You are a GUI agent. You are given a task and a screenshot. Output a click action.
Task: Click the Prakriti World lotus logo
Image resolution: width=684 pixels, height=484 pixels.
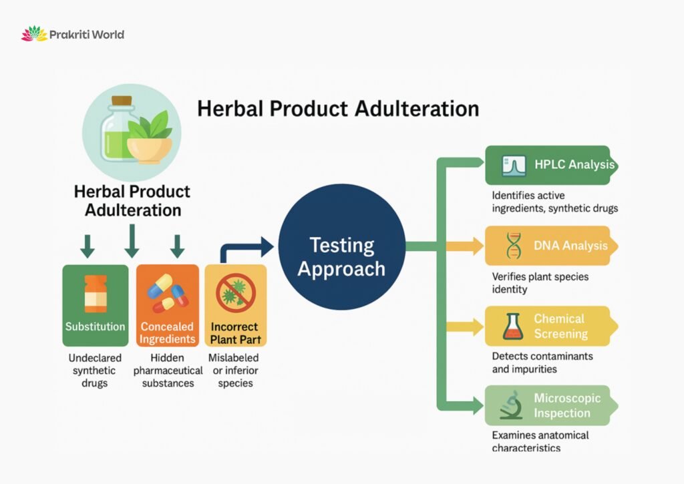pos(34,34)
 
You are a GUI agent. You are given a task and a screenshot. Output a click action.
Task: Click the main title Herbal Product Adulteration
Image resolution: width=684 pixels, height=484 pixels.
pos(338,109)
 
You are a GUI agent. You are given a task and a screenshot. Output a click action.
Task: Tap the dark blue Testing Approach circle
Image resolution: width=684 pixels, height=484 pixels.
pos(341,256)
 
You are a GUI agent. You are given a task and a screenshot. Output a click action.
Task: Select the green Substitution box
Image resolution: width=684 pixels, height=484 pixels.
pos(95,305)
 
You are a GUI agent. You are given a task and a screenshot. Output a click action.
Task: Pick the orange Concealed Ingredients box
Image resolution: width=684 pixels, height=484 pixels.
pos(167,305)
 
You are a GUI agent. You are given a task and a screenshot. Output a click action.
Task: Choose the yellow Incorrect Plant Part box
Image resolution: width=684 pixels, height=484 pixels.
pos(235,305)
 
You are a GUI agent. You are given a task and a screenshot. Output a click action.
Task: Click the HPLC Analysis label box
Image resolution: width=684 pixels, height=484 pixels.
pos(549,165)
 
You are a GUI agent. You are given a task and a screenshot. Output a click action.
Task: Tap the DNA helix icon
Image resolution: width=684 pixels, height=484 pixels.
pos(514,246)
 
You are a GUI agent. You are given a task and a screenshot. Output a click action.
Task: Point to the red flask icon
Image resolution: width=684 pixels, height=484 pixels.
pos(513,326)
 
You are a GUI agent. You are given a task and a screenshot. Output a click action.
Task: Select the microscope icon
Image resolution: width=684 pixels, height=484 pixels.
pos(511,405)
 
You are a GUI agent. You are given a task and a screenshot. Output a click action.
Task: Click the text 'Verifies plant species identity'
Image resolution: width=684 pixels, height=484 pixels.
pos(540,283)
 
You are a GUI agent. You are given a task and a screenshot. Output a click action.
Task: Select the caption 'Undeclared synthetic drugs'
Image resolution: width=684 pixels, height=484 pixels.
pos(94,371)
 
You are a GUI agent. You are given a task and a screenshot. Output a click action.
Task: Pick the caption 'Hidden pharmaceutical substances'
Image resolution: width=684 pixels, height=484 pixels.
pos(168,371)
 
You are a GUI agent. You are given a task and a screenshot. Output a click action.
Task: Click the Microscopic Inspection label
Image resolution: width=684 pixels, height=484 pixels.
pos(566,405)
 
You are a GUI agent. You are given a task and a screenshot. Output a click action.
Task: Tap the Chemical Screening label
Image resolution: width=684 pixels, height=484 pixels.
pos(560,326)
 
